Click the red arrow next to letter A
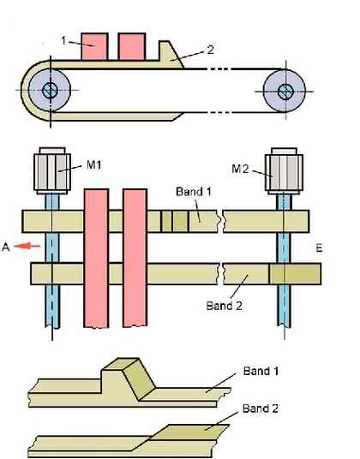(x=27, y=246)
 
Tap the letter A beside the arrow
(x=5, y=247)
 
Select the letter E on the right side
(x=319, y=248)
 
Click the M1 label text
(x=94, y=164)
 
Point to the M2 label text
(x=240, y=169)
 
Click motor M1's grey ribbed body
(x=52, y=172)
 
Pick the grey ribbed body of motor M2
(x=284, y=173)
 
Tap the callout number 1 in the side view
(x=64, y=40)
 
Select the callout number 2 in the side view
(x=210, y=50)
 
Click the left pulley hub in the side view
(x=50, y=90)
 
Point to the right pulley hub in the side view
(x=285, y=92)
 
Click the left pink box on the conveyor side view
(x=94, y=47)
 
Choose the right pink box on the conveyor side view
(x=132, y=47)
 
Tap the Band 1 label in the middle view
(x=194, y=192)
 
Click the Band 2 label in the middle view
(x=224, y=306)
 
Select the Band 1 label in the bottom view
(x=261, y=371)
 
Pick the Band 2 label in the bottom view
(x=260, y=408)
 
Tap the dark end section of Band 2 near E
(x=295, y=274)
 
